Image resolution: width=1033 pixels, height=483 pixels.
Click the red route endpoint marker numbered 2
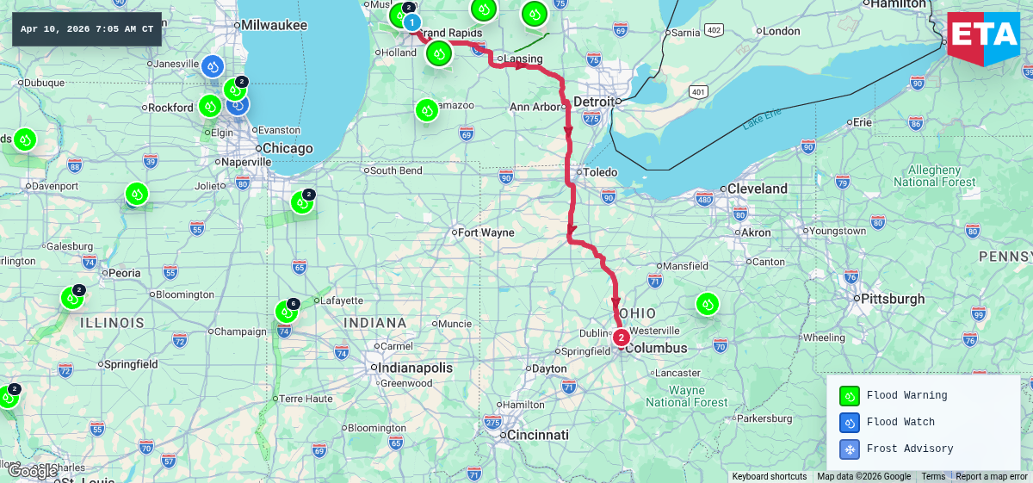[x=621, y=337]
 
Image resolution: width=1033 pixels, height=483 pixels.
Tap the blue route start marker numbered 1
[x=412, y=22]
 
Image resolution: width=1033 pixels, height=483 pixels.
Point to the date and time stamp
[x=87, y=29]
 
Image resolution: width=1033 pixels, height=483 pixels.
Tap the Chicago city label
[x=288, y=148]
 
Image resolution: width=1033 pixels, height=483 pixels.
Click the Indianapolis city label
[x=414, y=368]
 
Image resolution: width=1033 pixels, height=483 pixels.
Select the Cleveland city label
[x=757, y=189]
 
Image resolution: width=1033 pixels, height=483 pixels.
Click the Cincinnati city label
[x=537, y=435]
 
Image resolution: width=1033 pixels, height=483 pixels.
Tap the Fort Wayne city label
[x=486, y=232]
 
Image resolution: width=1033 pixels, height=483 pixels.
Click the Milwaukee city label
[x=274, y=25]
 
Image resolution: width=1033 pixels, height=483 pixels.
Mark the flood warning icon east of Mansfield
[x=708, y=303]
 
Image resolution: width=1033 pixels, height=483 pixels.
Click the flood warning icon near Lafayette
[x=286, y=312]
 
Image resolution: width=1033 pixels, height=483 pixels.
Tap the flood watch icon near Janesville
[x=213, y=65]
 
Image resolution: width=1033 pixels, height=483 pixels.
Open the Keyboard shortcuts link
[x=769, y=477]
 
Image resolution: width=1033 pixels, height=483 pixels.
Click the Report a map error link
[x=993, y=477]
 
